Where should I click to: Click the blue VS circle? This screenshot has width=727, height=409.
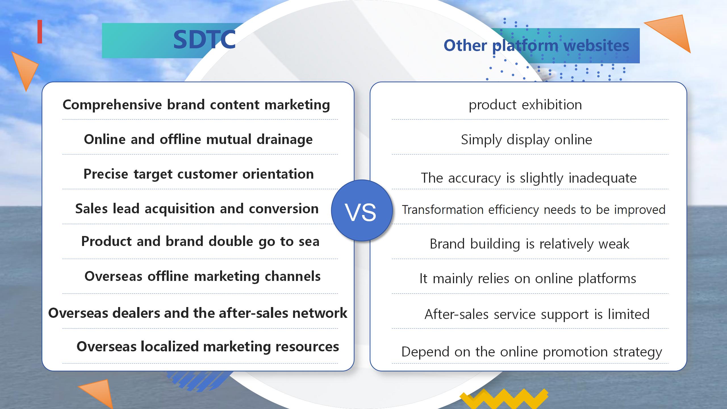[362, 210]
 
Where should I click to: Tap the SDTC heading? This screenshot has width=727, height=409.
[204, 39]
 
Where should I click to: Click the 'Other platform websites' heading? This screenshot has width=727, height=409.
[536, 45]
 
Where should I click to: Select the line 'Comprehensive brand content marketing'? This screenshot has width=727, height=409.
[196, 105]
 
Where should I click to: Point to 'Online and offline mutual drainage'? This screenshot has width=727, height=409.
[198, 139]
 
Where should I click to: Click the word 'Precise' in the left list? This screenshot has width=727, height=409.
[106, 174]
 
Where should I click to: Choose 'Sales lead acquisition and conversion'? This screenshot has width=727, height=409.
[197, 209]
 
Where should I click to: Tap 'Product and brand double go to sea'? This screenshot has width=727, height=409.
[200, 241]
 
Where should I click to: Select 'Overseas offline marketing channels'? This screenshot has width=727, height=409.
[202, 276]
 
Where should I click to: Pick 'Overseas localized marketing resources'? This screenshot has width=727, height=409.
[208, 347]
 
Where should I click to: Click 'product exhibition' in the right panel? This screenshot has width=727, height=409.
[525, 105]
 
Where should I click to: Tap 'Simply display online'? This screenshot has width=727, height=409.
[527, 140]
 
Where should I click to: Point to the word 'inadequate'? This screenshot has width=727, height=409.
[603, 178]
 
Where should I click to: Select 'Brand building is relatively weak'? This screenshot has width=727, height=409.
[529, 244]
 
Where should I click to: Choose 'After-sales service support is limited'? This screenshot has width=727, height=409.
[537, 314]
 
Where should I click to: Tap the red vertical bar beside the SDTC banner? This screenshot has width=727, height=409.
[40, 32]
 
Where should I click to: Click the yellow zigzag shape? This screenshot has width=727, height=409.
[504, 399]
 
